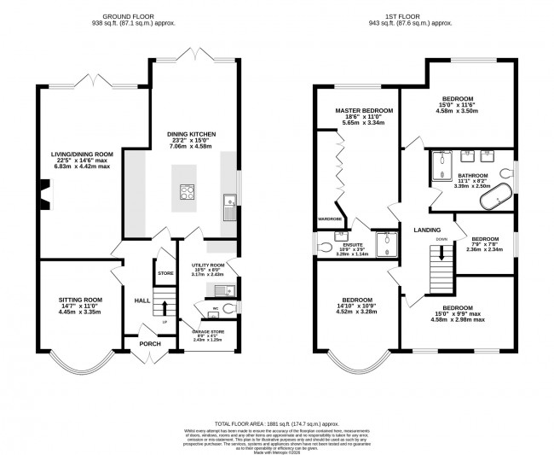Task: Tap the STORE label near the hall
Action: pos(165,272)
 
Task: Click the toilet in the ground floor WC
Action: pos(233,308)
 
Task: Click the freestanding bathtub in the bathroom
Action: pos(495,200)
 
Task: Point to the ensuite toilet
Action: pos(323,248)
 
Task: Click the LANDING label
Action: pos(426,230)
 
